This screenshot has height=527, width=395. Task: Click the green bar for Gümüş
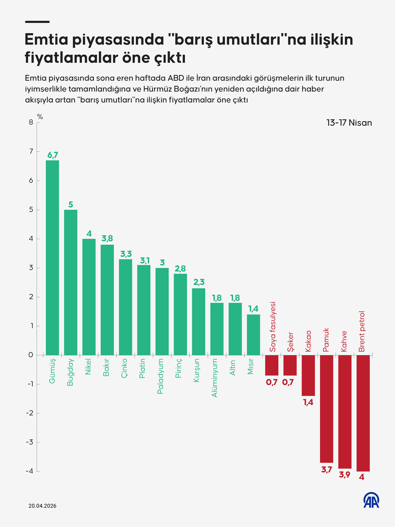point(52,258)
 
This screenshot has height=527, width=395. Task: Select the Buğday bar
point(71,282)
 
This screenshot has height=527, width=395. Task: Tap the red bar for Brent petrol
point(363,413)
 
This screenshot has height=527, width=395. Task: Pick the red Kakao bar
point(308,375)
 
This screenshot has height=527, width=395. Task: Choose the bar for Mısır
point(253,335)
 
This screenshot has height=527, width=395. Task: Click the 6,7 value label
point(53,155)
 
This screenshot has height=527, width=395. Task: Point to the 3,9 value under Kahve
point(345,475)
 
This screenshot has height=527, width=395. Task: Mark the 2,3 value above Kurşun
point(199,282)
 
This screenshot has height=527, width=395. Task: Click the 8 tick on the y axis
point(31,122)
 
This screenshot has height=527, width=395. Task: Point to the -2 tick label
point(30,413)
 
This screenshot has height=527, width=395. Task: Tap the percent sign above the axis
point(40,117)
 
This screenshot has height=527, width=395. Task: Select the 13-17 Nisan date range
point(349,123)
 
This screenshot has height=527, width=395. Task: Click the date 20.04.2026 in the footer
point(42,506)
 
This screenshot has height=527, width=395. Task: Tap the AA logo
point(371,500)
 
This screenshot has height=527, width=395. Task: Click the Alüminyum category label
point(214,378)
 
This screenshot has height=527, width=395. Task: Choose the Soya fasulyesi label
point(272,327)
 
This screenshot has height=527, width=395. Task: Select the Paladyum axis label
point(160,376)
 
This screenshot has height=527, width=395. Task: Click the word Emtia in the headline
point(46,40)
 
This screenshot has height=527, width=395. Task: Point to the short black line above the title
point(37,22)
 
